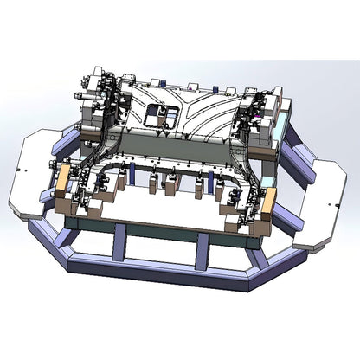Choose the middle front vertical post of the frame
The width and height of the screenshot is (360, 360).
(202, 251)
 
